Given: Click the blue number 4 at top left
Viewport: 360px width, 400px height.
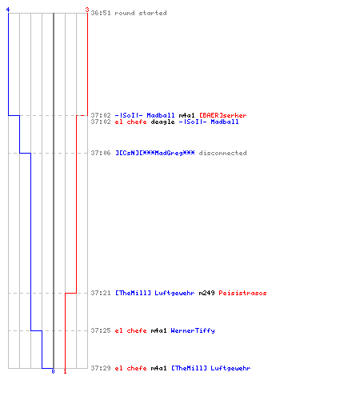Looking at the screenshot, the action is (x=8, y=10).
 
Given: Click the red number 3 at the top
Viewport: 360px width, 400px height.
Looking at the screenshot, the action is (x=87, y=10).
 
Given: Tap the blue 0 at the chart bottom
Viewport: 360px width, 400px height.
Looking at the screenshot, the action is (x=53, y=371).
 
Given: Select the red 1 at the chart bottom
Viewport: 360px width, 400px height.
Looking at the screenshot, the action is (x=65, y=371).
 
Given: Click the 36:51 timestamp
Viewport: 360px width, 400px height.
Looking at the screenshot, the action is (x=101, y=13).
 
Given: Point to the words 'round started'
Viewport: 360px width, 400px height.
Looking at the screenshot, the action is (x=141, y=13).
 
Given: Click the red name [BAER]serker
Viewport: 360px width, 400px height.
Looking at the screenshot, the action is (x=223, y=115).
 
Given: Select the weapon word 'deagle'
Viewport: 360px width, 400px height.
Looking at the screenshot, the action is (x=162, y=122).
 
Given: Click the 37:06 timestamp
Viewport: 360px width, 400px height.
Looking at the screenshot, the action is (x=101, y=153).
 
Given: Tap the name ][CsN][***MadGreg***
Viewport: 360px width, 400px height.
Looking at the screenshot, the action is (x=155, y=153).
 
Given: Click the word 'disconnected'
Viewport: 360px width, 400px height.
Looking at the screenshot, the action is (x=222, y=153).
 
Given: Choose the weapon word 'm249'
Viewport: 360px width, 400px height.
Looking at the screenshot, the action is (x=206, y=293).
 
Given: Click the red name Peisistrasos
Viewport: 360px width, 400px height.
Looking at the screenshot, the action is (x=242, y=293).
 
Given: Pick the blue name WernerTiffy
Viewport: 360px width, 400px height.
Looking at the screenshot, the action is (x=193, y=330).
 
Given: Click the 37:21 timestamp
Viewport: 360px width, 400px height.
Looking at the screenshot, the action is (x=101, y=293).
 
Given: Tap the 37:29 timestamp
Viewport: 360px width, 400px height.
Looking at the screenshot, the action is (x=101, y=368).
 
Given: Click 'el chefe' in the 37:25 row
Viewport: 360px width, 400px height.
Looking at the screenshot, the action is (x=131, y=330).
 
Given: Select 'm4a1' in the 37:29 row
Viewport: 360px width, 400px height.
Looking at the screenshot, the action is (x=158, y=368).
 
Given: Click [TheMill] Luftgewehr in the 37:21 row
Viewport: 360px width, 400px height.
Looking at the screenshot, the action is (x=155, y=293).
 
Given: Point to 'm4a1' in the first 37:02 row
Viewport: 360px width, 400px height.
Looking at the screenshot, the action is (x=186, y=115).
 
